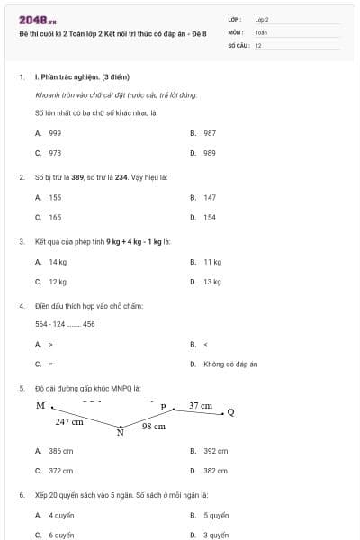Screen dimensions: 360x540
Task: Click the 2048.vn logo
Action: tap(38, 20)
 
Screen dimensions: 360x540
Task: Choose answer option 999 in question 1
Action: tap(55, 132)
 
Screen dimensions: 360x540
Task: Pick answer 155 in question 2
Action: tap(55, 197)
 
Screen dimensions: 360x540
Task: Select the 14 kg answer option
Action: tap(58, 262)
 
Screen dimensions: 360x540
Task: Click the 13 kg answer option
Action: tap(211, 282)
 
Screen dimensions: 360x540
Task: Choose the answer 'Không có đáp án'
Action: tap(230, 364)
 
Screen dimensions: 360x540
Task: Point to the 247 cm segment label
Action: tap(69, 421)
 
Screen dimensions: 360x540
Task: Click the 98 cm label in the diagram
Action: tap(154, 427)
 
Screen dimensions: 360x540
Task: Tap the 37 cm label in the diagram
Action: tap(201, 406)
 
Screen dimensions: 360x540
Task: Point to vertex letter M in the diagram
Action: tap(40, 406)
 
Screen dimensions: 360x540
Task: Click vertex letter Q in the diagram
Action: tap(230, 412)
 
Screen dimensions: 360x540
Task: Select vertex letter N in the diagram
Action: tap(120, 432)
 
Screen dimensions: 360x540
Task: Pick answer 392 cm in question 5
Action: tap(215, 450)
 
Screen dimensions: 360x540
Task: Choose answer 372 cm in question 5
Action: tap(60, 470)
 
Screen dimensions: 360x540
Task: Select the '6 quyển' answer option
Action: tap(61, 535)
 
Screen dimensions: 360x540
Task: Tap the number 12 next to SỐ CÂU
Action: tap(258, 44)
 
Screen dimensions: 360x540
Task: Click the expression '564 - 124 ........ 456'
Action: tap(65, 324)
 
